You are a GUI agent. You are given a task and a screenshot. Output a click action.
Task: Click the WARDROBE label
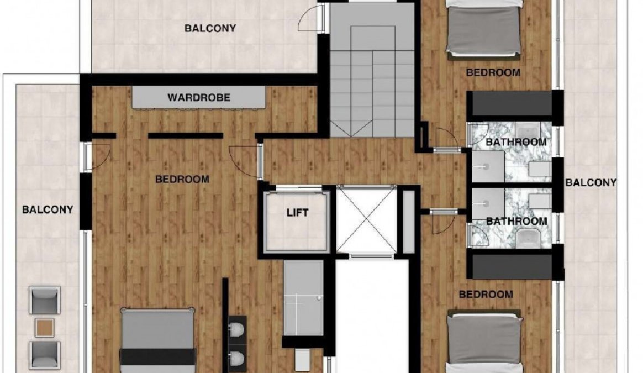(x=198, y=98)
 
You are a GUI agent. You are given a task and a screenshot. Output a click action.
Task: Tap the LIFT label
(x=297, y=213)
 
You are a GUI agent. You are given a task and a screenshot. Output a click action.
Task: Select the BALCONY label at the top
(x=210, y=28)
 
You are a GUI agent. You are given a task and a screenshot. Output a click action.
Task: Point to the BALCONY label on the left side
(x=47, y=209)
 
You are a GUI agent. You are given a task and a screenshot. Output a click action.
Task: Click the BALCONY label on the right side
(x=591, y=182)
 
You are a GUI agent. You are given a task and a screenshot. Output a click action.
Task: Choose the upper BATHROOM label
(x=516, y=142)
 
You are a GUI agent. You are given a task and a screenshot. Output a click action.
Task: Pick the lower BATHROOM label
(x=516, y=222)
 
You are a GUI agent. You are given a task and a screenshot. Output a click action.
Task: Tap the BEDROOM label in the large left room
(x=182, y=180)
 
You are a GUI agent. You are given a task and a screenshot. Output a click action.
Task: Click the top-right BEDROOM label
(x=493, y=72)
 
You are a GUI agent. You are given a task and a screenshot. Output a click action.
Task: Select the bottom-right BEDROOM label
(x=486, y=294)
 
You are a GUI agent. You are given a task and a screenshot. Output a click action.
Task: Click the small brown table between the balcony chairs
(x=44, y=328)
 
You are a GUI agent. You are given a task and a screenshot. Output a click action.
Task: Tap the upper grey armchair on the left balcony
(x=44, y=301)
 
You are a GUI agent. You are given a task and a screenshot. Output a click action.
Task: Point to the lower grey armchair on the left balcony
(x=44, y=355)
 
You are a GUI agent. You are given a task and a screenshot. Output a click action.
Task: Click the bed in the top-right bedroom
(x=484, y=29)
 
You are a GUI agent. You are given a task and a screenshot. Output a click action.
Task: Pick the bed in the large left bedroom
(x=158, y=340)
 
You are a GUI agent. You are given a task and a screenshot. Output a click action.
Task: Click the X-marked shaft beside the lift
(x=367, y=220)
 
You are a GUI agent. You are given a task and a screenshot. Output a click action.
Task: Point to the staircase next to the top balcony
(x=372, y=70)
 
